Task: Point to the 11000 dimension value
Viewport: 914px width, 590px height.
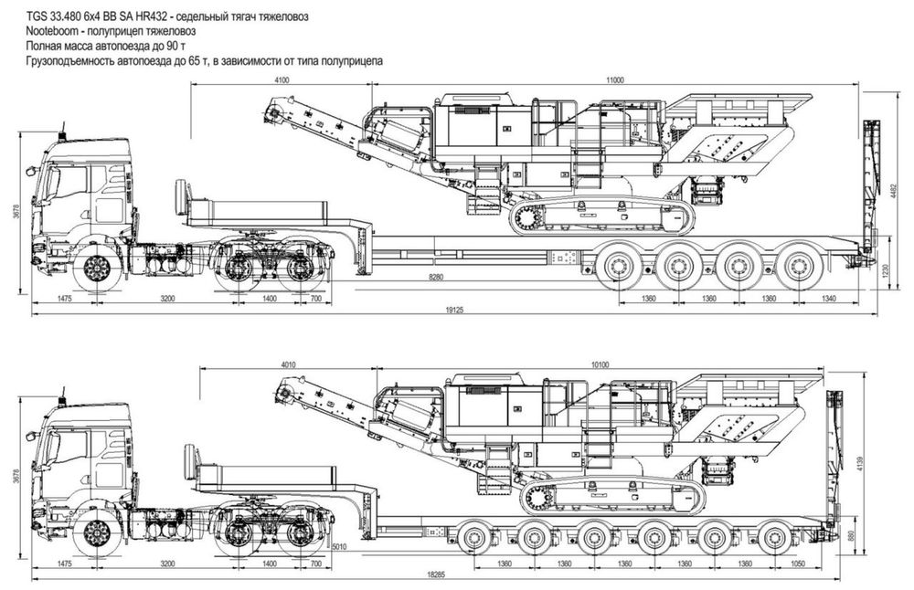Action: click(x=614, y=80)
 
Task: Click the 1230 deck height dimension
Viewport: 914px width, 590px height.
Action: click(x=884, y=270)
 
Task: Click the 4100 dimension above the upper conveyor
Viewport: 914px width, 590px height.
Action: click(x=282, y=80)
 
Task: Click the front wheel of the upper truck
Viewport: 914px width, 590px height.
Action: click(x=96, y=269)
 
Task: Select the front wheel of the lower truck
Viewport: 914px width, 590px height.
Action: click(x=96, y=533)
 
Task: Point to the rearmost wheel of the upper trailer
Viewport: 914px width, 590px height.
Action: click(x=802, y=268)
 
